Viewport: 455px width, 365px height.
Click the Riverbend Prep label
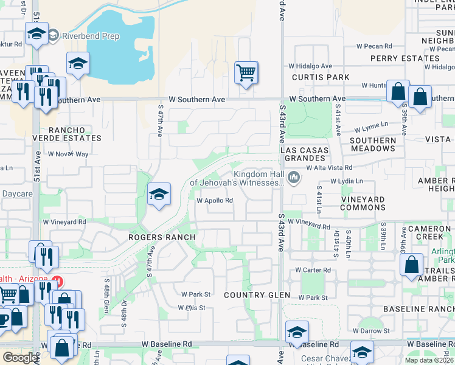(x=91, y=36)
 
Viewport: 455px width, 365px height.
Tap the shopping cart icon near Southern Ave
(x=246, y=73)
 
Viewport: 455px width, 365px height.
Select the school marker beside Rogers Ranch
(x=159, y=195)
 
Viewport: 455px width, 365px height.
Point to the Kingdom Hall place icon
(x=295, y=178)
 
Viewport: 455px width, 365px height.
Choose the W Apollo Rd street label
(x=215, y=200)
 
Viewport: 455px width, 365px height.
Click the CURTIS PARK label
(x=321, y=77)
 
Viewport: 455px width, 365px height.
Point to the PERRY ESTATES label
(x=405, y=58)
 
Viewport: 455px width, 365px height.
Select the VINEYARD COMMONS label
(x=363, y=203)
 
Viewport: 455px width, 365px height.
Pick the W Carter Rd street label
(x=313, y=269)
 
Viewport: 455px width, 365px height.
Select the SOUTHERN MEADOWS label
(x=373, y=144)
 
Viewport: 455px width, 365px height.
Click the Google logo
(x=20, y=358)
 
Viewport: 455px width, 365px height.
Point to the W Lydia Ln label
(x=346, y=181)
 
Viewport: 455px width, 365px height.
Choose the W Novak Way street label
(x=69, y=154)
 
